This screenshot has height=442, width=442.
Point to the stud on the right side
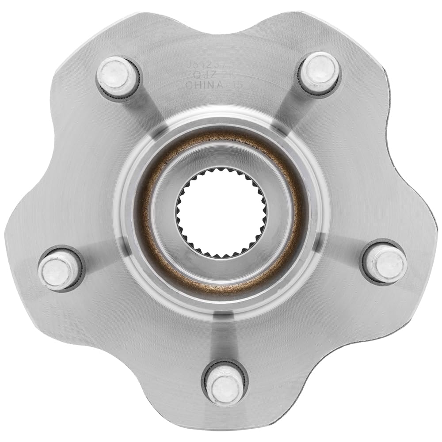click(385, 263)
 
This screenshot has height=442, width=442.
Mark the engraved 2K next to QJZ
click(231, 75)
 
